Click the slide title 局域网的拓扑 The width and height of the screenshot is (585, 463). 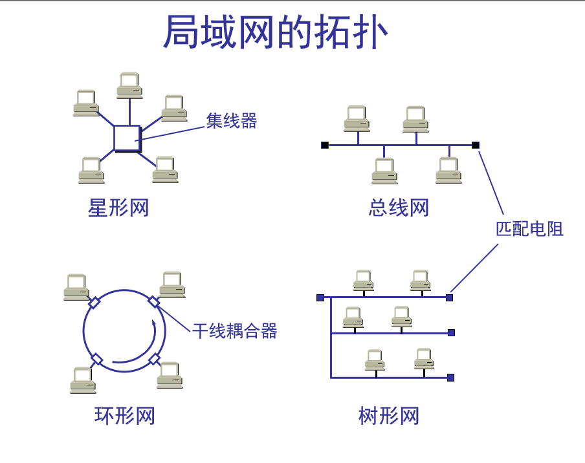[x=275, y=32]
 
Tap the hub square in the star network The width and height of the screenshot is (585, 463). [x=127, y=138]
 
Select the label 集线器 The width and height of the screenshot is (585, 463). [x=232, y=120]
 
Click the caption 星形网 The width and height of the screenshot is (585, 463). [x=118, y=208]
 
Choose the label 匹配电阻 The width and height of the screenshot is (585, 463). [x=529, y=228]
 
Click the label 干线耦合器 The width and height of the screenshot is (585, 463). [x=235, y=331]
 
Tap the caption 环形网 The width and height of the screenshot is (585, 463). [x=125, y=415]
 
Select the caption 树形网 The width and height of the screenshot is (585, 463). [x=389, y=415]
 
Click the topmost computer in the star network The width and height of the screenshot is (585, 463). [x=129, y=85]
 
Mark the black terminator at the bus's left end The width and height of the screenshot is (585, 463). [x=325, y=145]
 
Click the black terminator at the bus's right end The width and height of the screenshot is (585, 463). [x=476, y=145]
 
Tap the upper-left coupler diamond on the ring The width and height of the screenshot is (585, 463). [x=94, y=302]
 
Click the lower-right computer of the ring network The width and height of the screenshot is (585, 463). [x=170, y=375]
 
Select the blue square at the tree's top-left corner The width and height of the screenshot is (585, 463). [x=320, y=297]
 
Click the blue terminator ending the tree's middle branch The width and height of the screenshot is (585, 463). [x=452, y=333]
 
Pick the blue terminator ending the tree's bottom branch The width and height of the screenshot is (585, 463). [x=451, y=377]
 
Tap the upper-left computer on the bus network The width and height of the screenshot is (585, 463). [x=357, y=118]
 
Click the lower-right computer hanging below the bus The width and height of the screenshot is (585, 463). [x=448, y=170]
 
